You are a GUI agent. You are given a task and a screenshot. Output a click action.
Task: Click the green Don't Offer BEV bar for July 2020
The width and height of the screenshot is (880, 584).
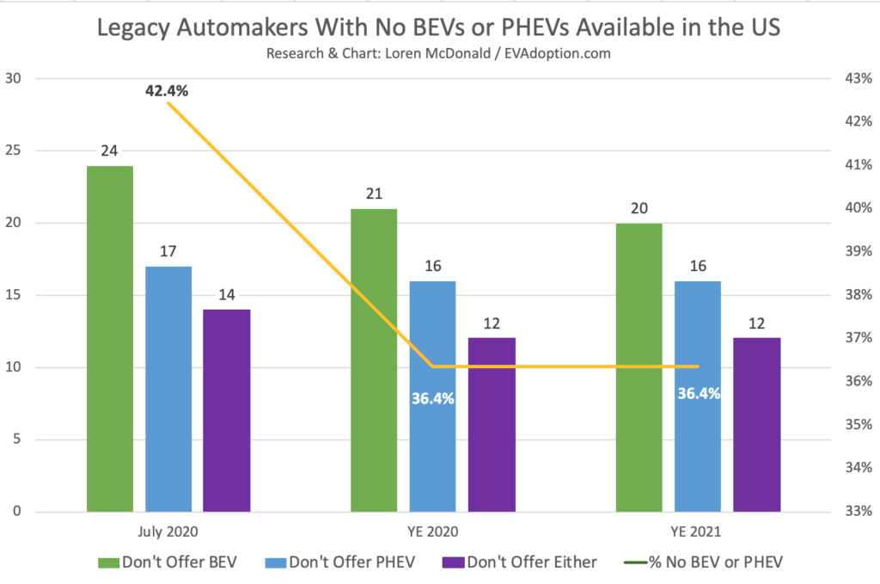[110, 339]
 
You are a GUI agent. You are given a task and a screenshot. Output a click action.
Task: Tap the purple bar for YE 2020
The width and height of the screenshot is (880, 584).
[492, 425]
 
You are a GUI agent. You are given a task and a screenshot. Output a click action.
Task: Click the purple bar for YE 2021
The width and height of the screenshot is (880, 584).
[756, 425]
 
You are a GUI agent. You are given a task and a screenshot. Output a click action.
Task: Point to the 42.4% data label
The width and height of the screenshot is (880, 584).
[166, 89]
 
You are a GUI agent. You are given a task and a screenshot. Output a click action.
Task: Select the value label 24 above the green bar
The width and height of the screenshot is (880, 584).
[110, 151]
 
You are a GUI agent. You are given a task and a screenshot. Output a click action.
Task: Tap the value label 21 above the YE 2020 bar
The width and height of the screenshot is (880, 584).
[374, 194]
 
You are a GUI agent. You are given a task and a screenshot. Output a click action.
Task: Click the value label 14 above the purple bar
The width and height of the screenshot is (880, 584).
[226, 295]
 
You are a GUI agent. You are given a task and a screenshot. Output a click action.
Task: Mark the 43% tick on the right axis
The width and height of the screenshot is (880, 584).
[859, 78]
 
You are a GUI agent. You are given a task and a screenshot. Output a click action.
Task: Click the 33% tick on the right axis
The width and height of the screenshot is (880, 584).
[859, 512]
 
